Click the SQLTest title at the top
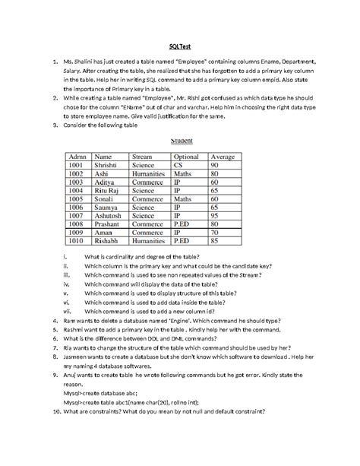point(179,45)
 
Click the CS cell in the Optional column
point(178,165)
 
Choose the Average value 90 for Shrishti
point(215,165)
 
